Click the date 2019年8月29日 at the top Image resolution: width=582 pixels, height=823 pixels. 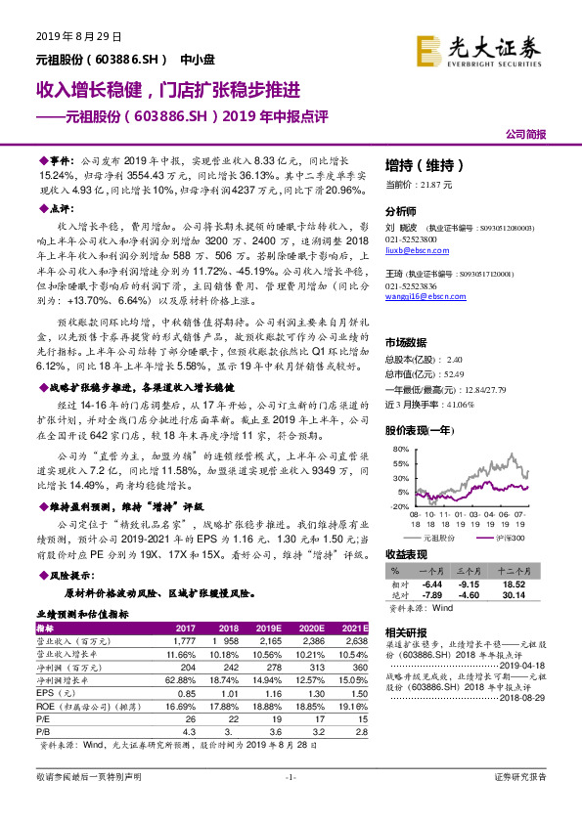click(x=78, y=37)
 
